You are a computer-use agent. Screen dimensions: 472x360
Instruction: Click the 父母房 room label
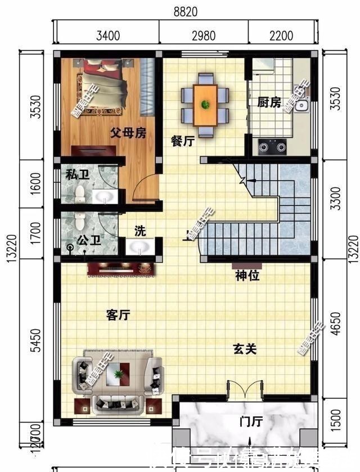click(128, 133)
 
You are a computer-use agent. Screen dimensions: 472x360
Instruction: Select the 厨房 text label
click(269, 102)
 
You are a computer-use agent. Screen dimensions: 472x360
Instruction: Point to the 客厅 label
click(118, 315)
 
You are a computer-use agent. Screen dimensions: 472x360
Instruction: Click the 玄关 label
click(245, 349)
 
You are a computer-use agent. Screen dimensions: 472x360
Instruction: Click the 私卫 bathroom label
click(78, 174)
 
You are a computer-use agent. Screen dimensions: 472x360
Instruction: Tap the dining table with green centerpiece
click(205, 105)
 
